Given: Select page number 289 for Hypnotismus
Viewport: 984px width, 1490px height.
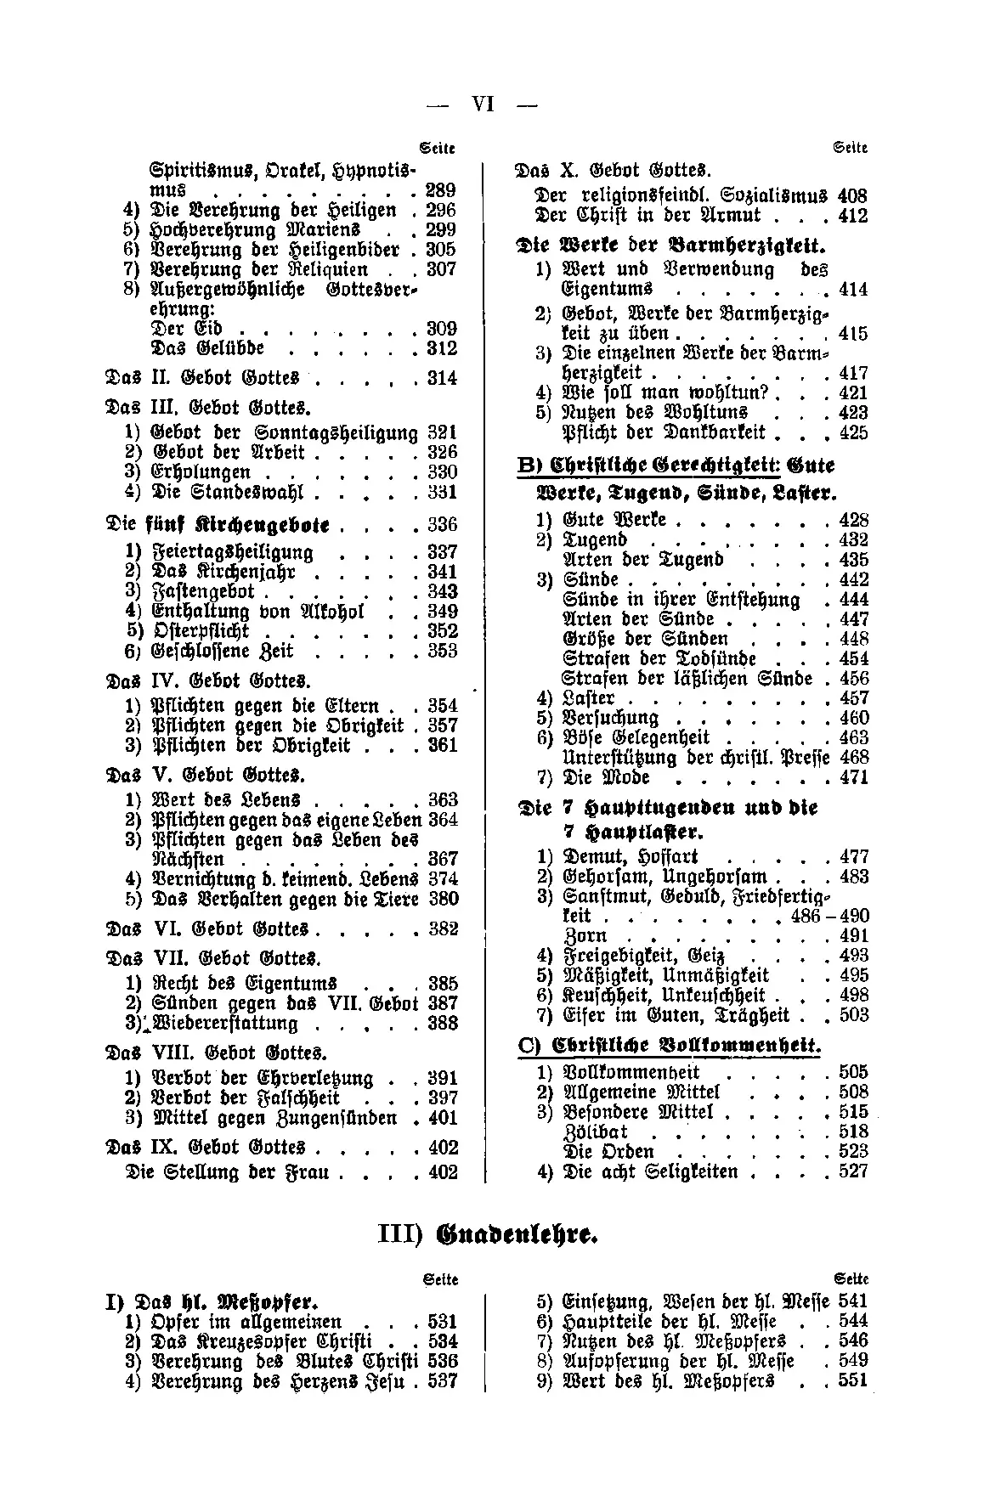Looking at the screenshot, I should pos(442,190).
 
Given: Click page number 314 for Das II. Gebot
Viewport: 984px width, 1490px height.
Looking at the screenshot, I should pos(442,378).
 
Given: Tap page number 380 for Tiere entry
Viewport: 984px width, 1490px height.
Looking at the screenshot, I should pos(443,899).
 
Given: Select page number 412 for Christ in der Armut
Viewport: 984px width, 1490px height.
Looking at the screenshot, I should pos(852,216).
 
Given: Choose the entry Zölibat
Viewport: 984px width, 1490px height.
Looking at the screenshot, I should pos(596,1132).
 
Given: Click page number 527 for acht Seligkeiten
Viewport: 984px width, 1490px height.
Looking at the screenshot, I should pos(853,1171).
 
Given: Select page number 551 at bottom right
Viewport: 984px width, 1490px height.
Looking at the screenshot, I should pos(852,1381).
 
